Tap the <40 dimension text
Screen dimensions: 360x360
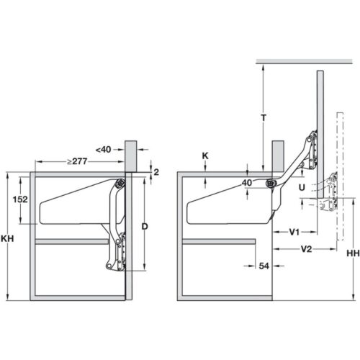coord(105,149)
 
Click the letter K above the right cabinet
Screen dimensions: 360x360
coord(205,155)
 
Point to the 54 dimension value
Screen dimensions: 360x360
coord(264,266)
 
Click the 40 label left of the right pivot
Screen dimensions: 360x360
coord(247,183)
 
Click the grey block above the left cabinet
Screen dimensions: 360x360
coord(130,155)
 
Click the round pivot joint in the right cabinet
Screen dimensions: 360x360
coord(271,183)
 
